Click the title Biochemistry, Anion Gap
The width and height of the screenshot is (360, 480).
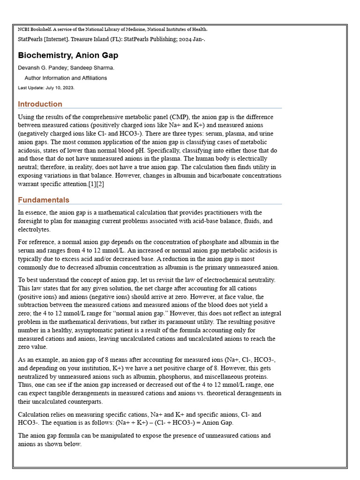pyautogui.click(x=68, y=55)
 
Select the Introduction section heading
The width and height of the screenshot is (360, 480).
pyautogui.click(x=40, y=104)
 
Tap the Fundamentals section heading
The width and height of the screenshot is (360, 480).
pyautogui.click(x=44, y=200)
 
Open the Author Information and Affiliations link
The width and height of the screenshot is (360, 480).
pyautogui.click(x=66, y=78)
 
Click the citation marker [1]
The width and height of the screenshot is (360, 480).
pyautogui.click(x=92, y=184)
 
